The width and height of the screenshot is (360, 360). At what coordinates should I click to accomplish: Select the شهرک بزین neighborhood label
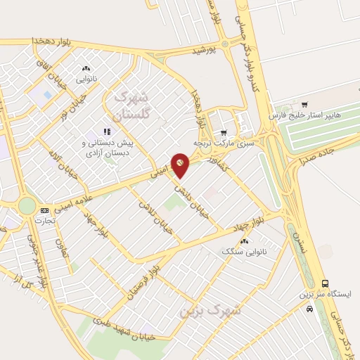pos(210,310)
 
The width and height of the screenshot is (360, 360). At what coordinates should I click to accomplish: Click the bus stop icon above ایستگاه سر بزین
pos(324,283)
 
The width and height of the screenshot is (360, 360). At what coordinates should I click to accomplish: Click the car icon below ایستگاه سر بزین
pos(310,308)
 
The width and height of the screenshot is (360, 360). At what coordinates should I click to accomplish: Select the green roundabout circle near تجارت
pos(27,205)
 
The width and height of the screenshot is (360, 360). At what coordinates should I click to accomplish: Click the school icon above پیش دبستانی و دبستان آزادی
pos(107,131)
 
